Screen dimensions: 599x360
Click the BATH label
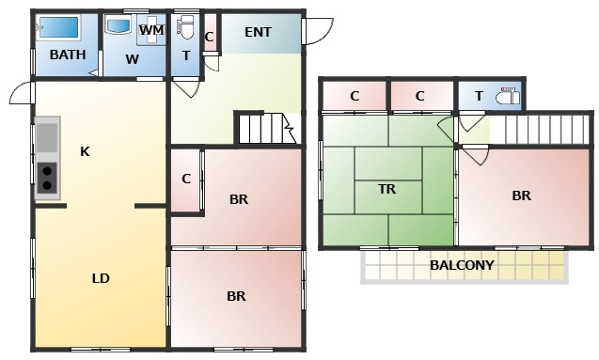(x=68, y=55)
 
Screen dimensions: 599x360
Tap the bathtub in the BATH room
(x=59, y=27)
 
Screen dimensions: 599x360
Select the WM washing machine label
(x=151, y=30)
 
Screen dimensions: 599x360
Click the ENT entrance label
(x=258, y=33)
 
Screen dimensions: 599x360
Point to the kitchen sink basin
(x=47, y=137)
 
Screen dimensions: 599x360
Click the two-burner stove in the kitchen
(x=47, y=178)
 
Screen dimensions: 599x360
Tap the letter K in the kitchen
(x=85, y=152)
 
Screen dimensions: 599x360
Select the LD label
(x=101, y=278)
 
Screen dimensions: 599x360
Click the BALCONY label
(x=462, y=265)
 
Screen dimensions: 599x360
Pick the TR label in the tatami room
(x=387, y=189)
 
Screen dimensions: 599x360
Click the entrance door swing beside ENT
(x=318, y=32)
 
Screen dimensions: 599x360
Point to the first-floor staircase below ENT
(x=267, y=128)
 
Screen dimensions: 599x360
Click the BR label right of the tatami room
(x=522, y=196)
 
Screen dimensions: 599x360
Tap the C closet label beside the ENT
(x=209, y=37)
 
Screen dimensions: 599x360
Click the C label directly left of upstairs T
(x=419, y=96)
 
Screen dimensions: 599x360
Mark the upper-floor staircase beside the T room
(x=541, y=130)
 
